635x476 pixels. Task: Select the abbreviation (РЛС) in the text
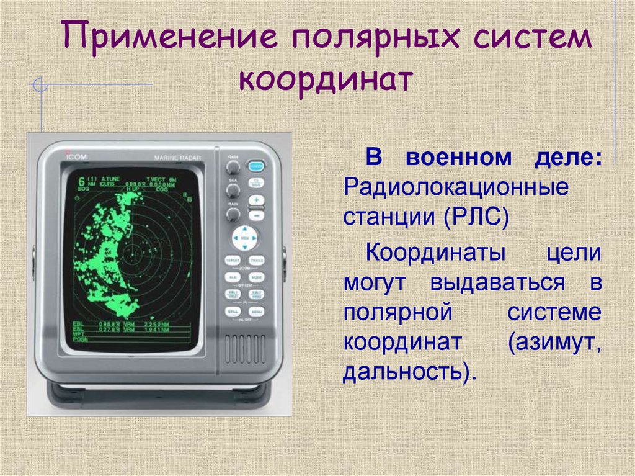coord(475,218)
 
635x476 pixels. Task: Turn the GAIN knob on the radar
coord(233,168)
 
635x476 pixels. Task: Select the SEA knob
coord(233,191)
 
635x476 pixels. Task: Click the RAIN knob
coord(233,214)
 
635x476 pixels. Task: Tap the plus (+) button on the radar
coord(255,200)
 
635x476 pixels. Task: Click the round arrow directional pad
coord(244,238)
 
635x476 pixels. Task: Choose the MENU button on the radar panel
coord(256,311)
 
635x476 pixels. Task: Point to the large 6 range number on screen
coord(81,182)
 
